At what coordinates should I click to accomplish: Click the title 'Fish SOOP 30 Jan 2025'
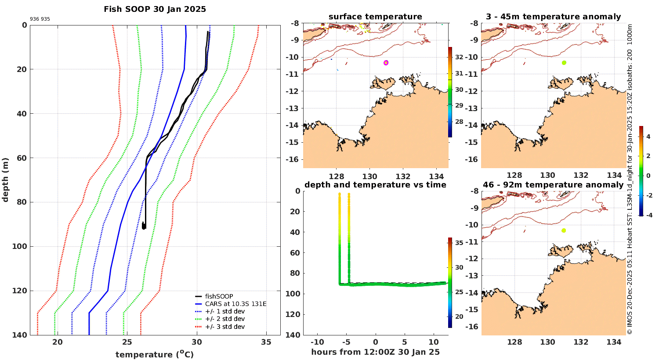155,9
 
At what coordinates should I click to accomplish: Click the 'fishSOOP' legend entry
219,296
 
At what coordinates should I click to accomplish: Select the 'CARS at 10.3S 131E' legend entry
235,304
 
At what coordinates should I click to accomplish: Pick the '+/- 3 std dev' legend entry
224,327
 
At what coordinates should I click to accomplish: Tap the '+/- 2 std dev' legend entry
224,319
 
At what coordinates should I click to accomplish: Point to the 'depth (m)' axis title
5,180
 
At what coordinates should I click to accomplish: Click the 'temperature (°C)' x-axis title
155,354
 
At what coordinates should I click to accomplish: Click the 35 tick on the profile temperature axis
266,342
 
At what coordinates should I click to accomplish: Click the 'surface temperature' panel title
375,17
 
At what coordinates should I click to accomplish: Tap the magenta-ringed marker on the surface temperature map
386,63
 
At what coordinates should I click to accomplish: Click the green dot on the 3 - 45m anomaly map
564,63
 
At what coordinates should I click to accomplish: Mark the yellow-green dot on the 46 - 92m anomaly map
564,230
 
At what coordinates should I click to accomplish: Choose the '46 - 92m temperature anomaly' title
553,185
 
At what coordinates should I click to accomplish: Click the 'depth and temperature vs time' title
375,185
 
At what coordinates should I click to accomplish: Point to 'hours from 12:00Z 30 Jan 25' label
375,352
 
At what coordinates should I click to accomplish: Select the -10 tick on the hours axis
317,342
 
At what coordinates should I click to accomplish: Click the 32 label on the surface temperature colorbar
459,57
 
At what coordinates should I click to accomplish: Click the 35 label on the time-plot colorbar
459,242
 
